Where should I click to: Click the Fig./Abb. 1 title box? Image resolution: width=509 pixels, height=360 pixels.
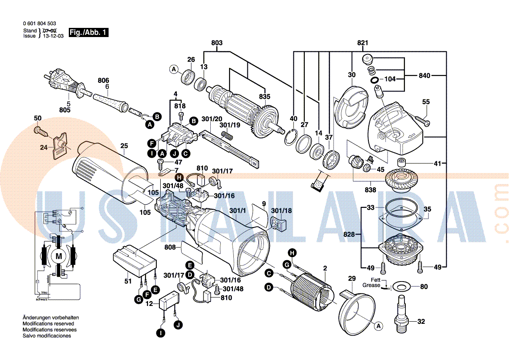(x=88, y=32)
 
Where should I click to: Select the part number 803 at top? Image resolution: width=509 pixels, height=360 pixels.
(x=217, y=43)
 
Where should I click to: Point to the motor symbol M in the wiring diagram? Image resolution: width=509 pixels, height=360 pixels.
(x=58, y=256)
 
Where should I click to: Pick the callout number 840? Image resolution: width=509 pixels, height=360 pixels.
(x=425, y=76)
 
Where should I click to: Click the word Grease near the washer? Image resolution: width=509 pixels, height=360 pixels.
(x=371, y=285)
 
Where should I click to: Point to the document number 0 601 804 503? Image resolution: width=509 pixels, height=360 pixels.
(x=39, y=24)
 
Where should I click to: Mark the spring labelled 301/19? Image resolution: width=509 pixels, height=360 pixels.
(x=226, y=136)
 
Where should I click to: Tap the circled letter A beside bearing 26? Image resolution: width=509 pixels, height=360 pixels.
(x=174, y=69)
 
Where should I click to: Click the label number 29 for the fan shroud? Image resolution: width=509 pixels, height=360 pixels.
(x=352, y=278)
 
